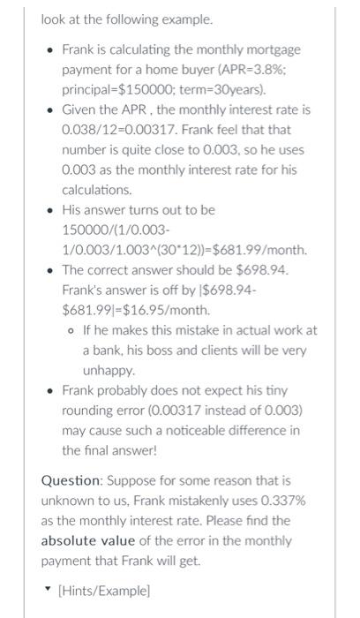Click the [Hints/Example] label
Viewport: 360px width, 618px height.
pyautogui.click(x=103, y=588)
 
